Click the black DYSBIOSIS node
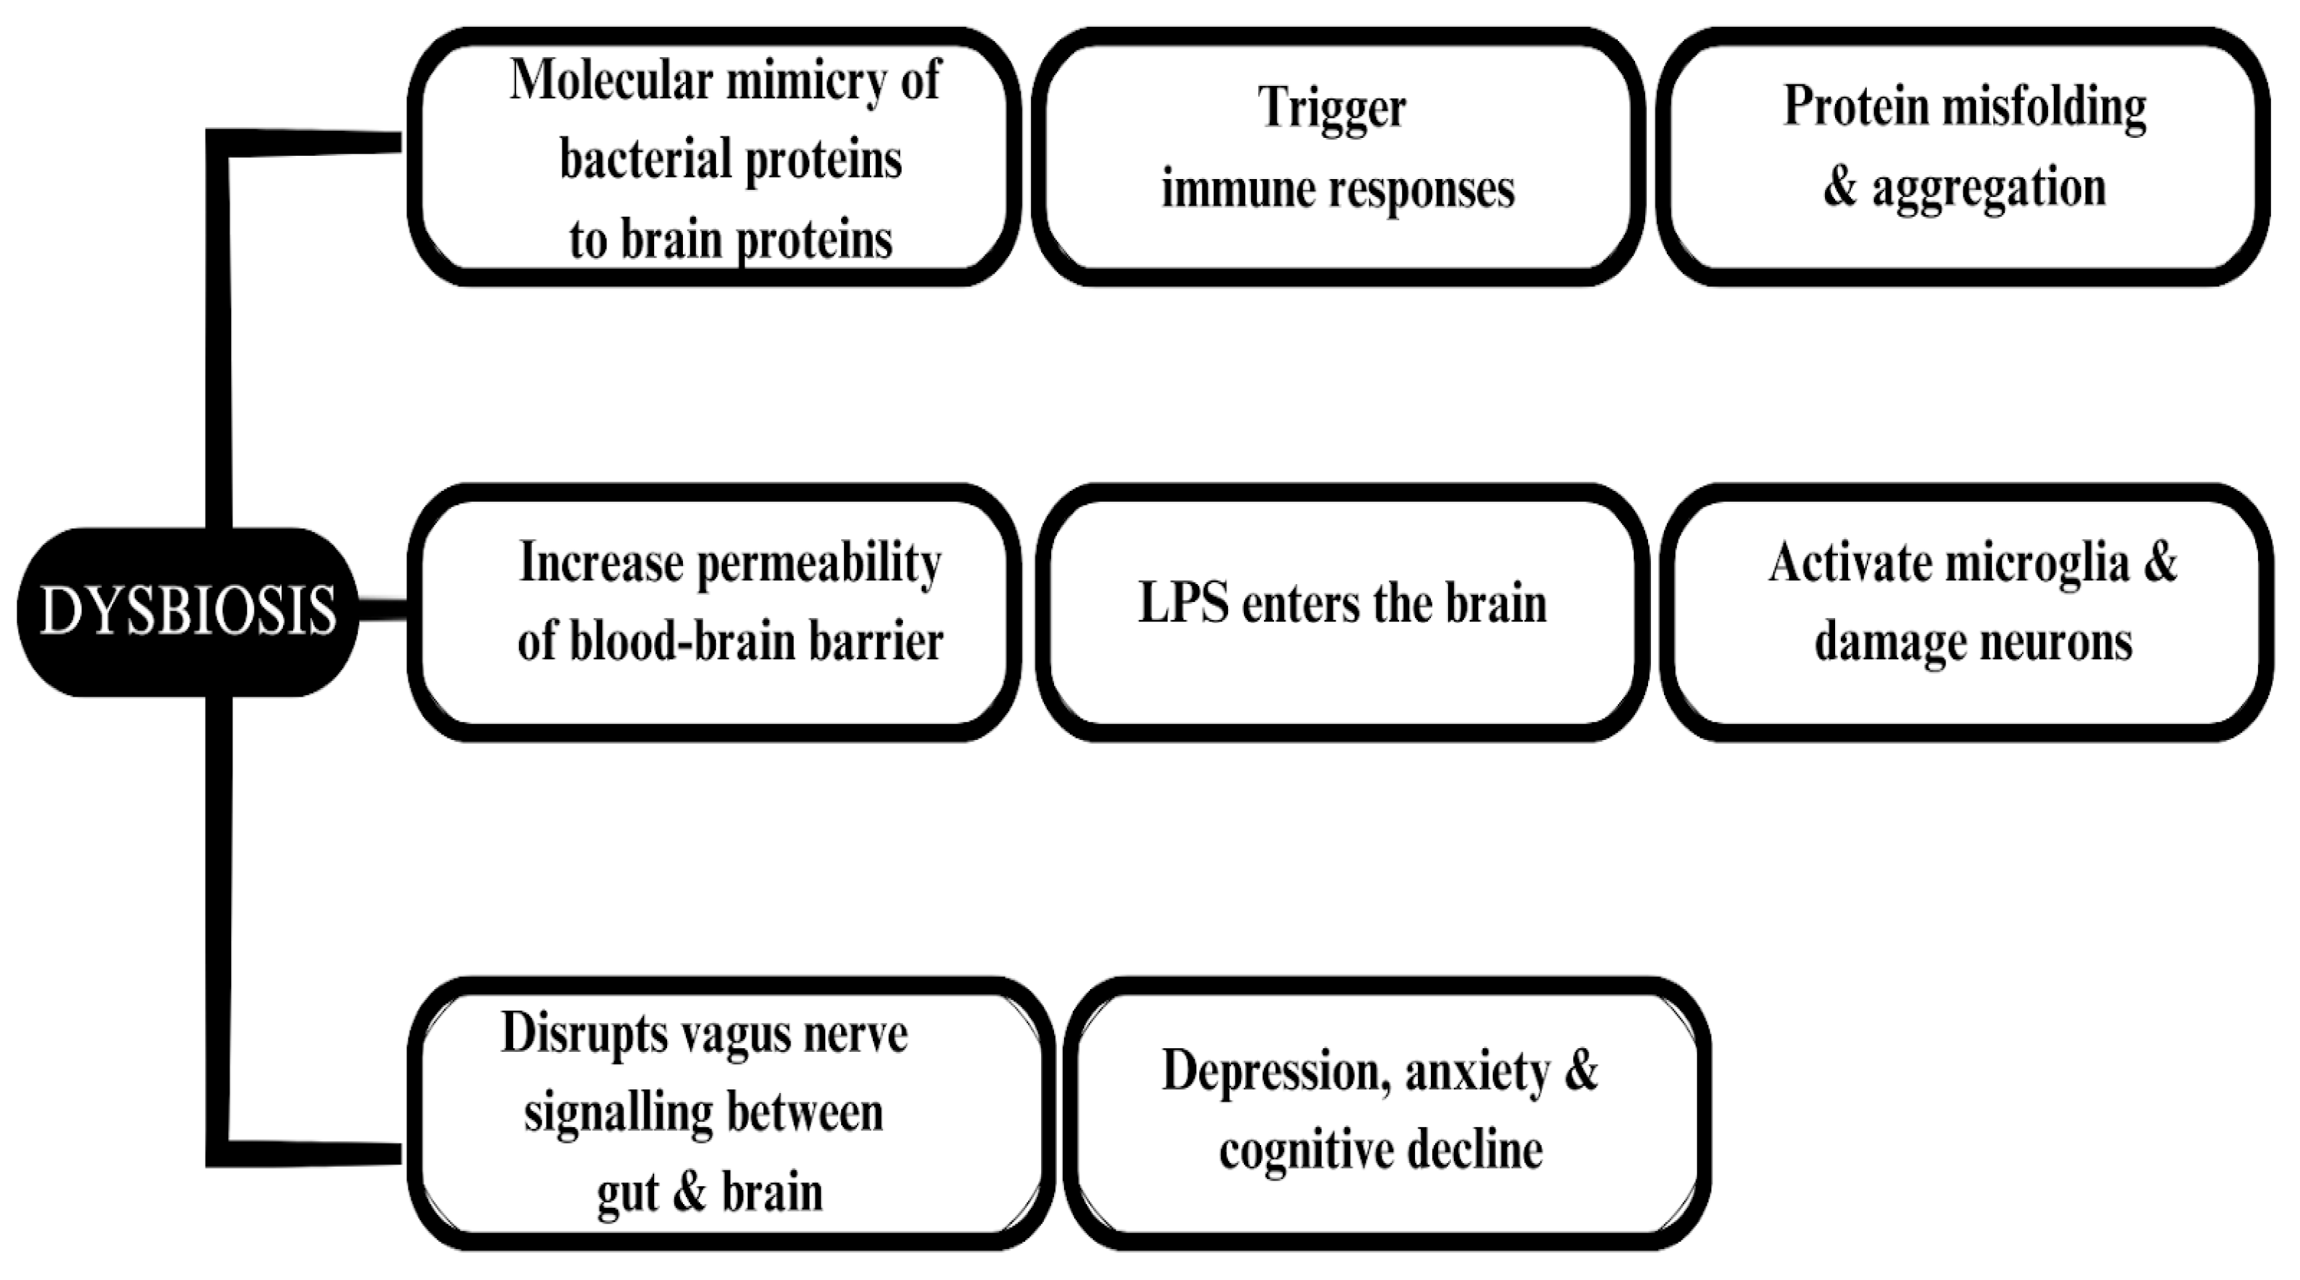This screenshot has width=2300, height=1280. point(188,611)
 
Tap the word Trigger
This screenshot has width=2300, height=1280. point(1331,109)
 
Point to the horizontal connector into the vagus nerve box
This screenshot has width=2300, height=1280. point(313,1153)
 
